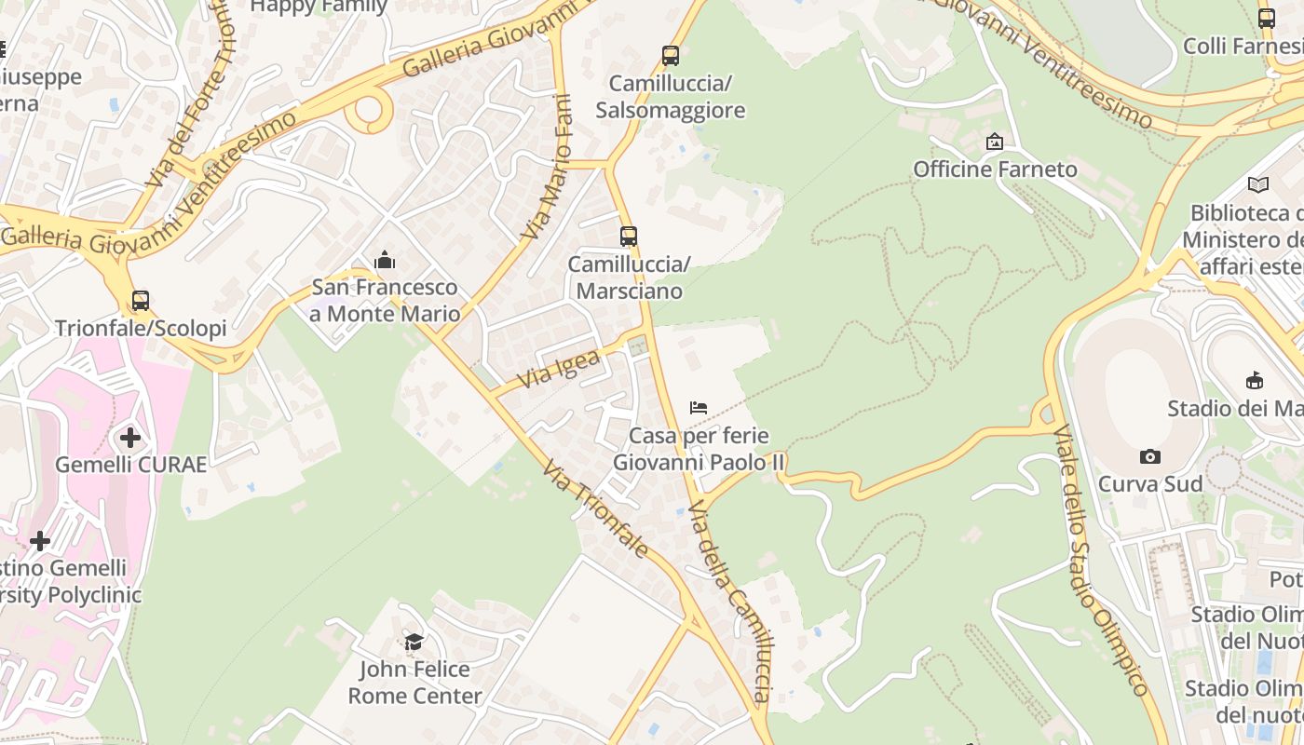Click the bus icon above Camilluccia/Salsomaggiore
[x=670, y=55]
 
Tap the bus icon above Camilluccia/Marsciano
[x=629, y=237]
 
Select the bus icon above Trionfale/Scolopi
[x=140, y=301]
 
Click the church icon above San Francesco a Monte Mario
[x=384, y=261]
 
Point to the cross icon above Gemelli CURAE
[x=130, y=437]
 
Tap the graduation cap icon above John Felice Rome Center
[x=414, y=642]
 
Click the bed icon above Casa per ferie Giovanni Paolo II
[x=699, y=408]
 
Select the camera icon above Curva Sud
[x=1150, y=456]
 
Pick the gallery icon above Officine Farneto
[x=994, y=142]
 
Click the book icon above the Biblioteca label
[x=1257, y=185]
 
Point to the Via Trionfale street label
[x=595, y=509]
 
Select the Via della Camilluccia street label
[x=732, y=601]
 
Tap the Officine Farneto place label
[x=995, y=169]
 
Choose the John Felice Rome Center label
[x=415, y=683]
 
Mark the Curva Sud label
[x=1150, y=483]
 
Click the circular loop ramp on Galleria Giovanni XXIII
[x=369, y=110]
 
